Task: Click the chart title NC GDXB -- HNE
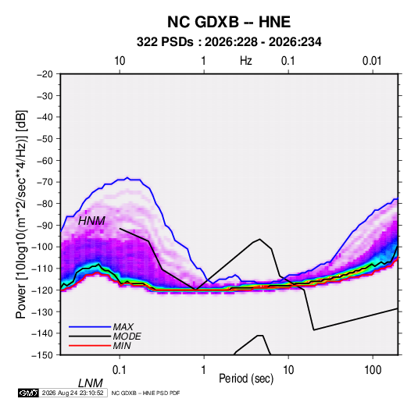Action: click(229, 22)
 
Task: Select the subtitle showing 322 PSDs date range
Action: click(229, 42)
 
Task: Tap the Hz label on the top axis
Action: click(246, 61)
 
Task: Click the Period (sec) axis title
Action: click(246, 379)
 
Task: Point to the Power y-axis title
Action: click(21, 214)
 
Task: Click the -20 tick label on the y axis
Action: click(45, 74)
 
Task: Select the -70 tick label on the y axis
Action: click(45, 182)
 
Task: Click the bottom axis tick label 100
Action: click(373, 369)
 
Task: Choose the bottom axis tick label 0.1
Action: click(120, 369)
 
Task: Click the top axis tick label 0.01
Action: click(372, 61)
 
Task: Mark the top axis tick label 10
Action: click(120, 61)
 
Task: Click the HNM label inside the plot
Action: click(91, 221)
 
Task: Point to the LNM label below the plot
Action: click(90, 383)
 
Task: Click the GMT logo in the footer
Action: click(29, 393)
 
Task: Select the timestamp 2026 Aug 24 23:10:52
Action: click(73, 393)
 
